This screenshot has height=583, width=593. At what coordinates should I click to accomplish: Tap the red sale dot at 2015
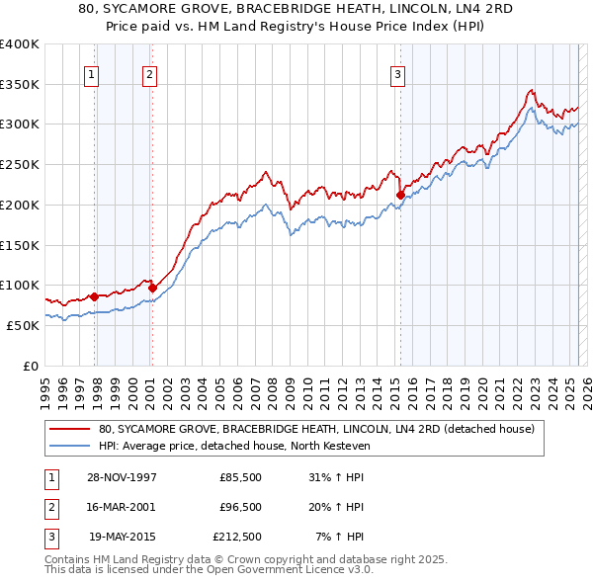[400, 195]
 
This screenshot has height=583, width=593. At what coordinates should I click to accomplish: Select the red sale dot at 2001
[152, 288]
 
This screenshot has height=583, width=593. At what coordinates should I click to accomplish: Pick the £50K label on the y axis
[22, 325]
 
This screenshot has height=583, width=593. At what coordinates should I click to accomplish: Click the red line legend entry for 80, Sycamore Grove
[316, 429]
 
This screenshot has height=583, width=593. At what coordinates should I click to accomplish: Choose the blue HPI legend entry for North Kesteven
[233, 446]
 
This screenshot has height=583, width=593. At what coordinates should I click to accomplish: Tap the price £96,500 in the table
[240, 507]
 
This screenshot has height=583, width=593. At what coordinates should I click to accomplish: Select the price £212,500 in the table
[237, 538]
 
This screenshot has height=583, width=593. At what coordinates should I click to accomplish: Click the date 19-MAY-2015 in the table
[120, 538]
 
